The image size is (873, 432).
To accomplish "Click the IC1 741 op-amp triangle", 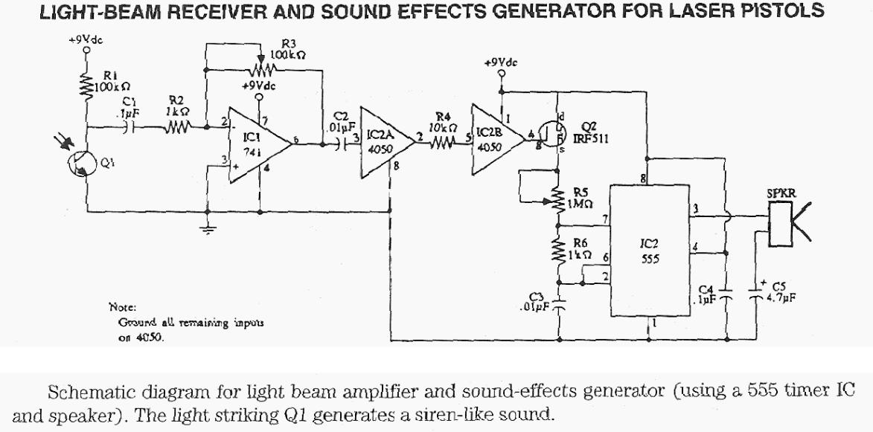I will (x=257, y=140).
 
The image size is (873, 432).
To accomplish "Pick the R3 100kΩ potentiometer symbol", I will (x=262, y=70).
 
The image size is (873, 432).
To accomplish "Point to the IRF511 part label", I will (x=589, y=138).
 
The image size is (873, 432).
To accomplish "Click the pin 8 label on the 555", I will (x=643, y=178).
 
